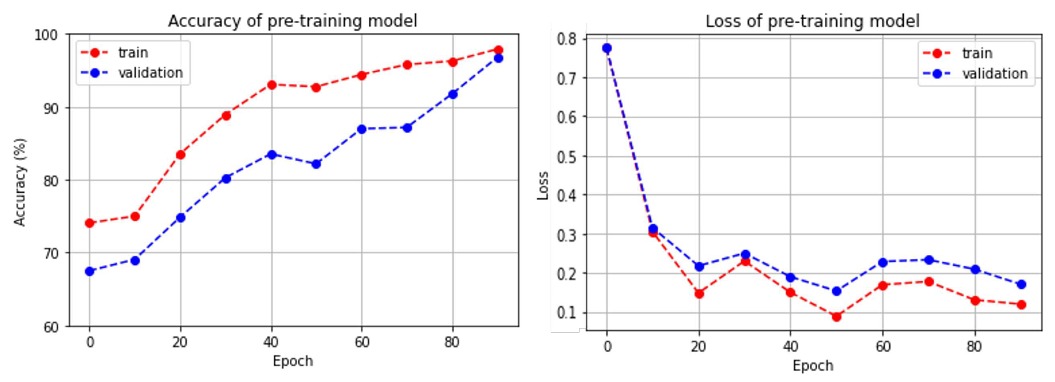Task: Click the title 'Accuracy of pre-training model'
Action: (292, 21)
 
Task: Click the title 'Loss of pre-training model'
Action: (812, 21)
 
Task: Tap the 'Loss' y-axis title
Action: (543, 185)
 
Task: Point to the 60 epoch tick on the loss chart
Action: (883, 347)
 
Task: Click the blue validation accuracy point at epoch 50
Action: (316, 164)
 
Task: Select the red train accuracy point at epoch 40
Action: (271, 85)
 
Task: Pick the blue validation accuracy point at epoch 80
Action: (452, 94)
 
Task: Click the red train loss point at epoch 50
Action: (837, 317)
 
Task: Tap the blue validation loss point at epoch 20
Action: (699, 267)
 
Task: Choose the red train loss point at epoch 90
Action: (1021, 305)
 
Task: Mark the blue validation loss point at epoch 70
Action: (929, 260)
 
